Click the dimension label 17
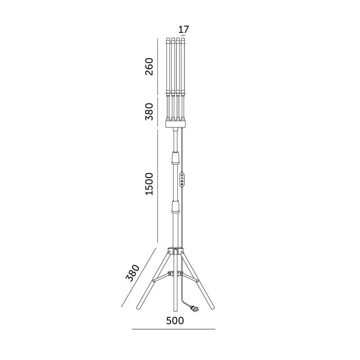pos(184,30)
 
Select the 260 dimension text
pos(149,66)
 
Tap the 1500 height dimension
pos(149,184)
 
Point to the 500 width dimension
pos(175,320)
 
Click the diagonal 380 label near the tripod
pos(133,273)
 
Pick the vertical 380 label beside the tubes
pos(149,112)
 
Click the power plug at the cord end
pos(195,309)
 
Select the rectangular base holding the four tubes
pos(175,124)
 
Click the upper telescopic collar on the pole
pos(175,158)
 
